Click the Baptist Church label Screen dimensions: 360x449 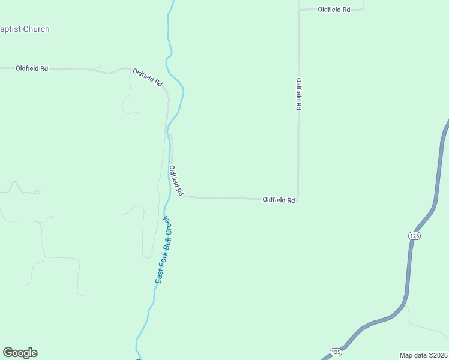coord(25,29)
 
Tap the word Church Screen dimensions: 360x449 coord(36,29)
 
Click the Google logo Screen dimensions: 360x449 coord(20,353)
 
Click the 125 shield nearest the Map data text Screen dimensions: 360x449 coord(336,351)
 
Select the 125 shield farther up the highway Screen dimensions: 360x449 coord(414,236)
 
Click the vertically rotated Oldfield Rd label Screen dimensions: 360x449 coord(298,94)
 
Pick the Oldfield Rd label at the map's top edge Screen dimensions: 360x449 coord(334,10)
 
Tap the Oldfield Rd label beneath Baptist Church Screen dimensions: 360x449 coord(32,68)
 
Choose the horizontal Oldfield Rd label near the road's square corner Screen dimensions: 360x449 coord(279,200)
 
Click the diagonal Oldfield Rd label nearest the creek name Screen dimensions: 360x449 coord(176,181)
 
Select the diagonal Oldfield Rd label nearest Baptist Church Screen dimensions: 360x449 coord(148,77)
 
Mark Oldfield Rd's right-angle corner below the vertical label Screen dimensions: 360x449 coord(298,199)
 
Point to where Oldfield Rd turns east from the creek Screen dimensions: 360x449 coord(183,196)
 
